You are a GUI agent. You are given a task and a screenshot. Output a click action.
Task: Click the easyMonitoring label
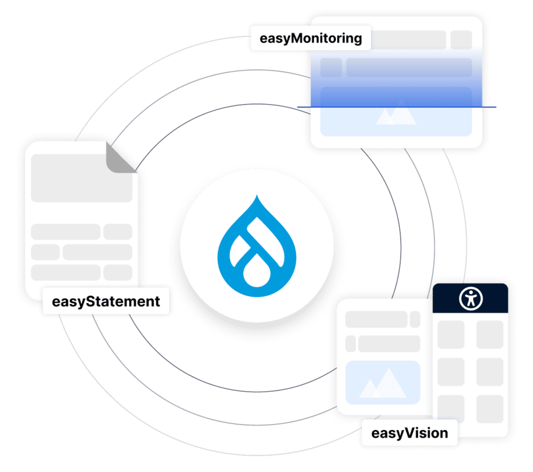(x=310, y=39)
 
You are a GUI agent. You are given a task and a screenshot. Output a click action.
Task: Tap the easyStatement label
(x=106, y=301)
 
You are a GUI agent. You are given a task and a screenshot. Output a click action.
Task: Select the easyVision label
(x=409, y=434)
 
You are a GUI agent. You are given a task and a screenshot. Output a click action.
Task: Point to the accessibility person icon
(x=470, y=299)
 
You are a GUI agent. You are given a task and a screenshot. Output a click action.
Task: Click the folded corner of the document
(x=122, y=158)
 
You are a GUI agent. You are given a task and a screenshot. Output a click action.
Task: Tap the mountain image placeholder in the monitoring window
(x=395, y=115)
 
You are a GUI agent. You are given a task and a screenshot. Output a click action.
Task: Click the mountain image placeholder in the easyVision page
(x=383, y=383)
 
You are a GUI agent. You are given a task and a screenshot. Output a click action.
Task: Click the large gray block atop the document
(x=82, y=178)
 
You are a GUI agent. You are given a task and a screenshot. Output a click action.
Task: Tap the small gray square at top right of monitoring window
(x=461, y=40)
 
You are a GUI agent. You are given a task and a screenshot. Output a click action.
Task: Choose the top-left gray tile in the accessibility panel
(x=451, y=335)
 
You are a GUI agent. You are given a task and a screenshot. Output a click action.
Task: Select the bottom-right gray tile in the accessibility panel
(x=490, y=409)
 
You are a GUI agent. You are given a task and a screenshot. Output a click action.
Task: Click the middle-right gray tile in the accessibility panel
(x=490, y=372)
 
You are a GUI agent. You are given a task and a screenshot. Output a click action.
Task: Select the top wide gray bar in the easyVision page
(x=376, y=319)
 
